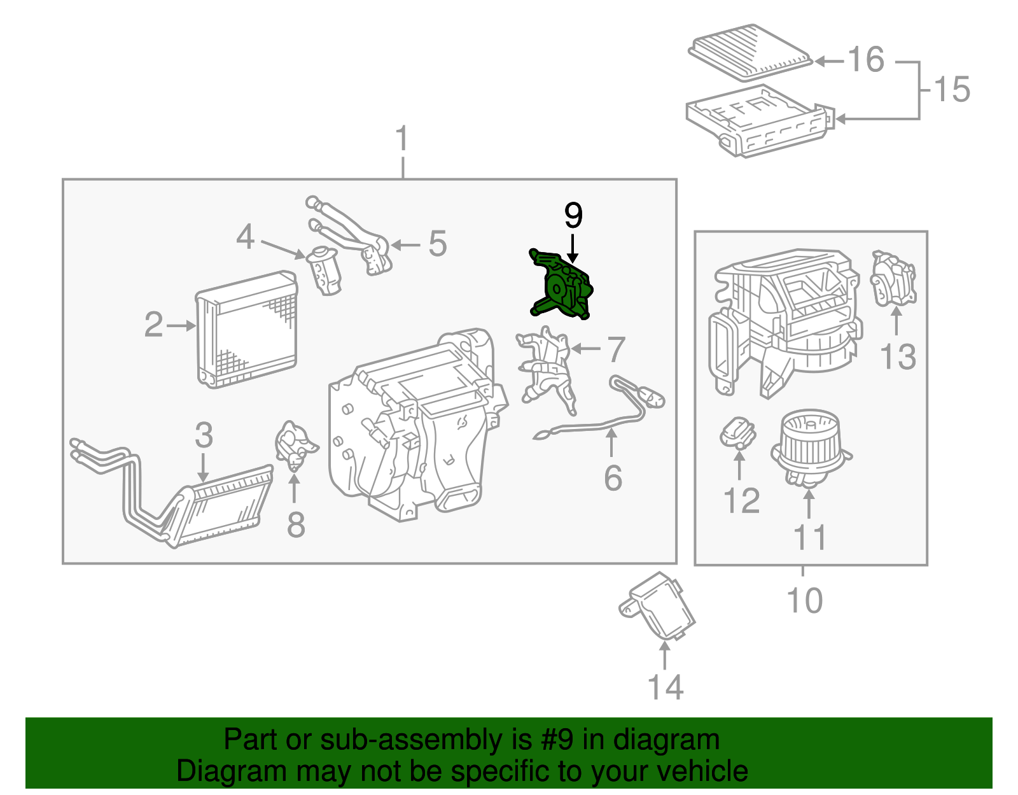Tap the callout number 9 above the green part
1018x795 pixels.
[573, 216]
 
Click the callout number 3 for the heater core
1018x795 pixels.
[204, 435]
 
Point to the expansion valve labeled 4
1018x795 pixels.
[325, 271]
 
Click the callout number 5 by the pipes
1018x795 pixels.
[437, 244]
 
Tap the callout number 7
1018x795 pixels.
[616, 349]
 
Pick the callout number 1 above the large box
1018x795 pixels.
[402, 139]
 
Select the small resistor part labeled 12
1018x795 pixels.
[737, 433]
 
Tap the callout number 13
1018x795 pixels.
[898, 357]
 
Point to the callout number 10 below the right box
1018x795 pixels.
[804, 600]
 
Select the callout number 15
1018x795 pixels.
[952, 89]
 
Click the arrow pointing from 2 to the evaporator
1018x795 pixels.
[181, 326]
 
